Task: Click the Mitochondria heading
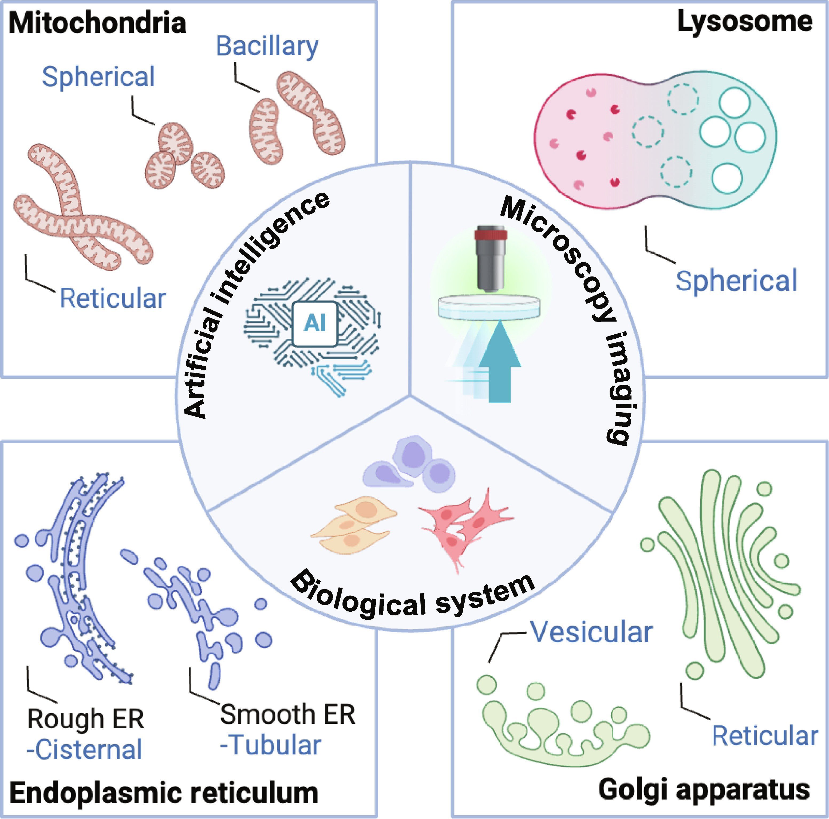tap(97, 23)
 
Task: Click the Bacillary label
tap(267, 46)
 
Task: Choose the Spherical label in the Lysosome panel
tap(736, 281)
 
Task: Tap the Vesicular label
tap(591, 632)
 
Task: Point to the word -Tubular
tap(270, 745)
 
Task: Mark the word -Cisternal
tap(85, 750)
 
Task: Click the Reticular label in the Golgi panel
tap(765, 736)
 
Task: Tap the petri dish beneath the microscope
tap(489, 308)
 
